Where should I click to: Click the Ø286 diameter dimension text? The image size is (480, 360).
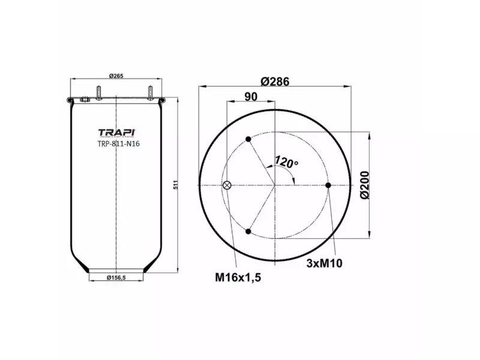(x=276, y=82)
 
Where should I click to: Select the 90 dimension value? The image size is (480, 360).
(x=251, y=97)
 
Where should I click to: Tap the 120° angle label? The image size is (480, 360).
(x=287, y=162)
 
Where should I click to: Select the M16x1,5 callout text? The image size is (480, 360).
(x=238, y=277)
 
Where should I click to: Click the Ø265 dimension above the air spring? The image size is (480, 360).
(x=116, y=75)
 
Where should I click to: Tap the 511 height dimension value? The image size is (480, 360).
(x=176, y=185)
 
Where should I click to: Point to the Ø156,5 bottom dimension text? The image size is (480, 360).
(x=118, y=277)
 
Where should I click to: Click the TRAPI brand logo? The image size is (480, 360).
(x=116, y=132)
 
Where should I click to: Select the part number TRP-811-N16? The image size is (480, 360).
(x=119, y=144)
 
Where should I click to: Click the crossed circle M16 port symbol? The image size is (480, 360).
(x=227, y=185)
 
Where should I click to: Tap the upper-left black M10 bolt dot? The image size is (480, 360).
(x=248, y=140)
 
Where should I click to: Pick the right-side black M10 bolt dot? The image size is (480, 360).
(x=328, y=185)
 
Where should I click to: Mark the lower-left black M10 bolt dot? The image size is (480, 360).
(x=248, y=231)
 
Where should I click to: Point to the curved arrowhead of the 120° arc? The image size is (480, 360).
(x=292, y=178)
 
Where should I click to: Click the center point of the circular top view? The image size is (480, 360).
(x=275, y=185)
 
